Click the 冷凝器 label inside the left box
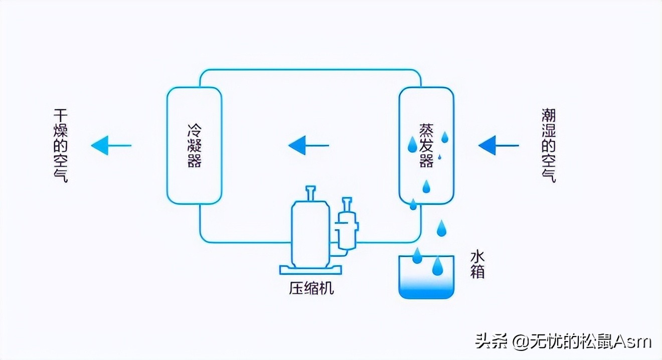[x=194, y=146]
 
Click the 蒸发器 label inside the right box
[x=426, y=145]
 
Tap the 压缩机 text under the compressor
[x=311, y=288]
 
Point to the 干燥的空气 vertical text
[x=60, y=145]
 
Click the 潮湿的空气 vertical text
[x=549, y=145]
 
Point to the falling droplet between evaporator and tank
[x=441, y=228]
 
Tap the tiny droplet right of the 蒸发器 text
[x=440, y=157]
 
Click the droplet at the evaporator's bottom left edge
[x=413, y=204]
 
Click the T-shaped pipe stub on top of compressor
[x=311, y=192]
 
